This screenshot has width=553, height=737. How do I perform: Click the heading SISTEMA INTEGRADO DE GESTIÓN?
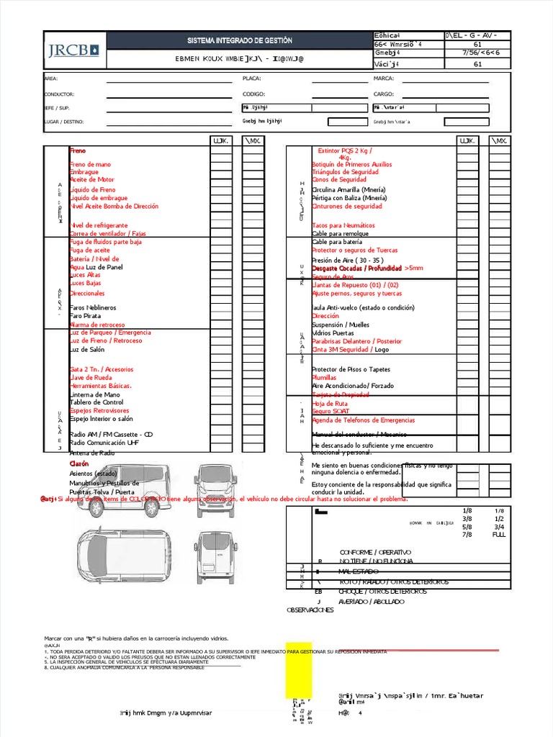click(240, 41)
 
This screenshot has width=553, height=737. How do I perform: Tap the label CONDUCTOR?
click(59, 94)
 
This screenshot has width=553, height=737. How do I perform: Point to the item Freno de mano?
click(90, 165)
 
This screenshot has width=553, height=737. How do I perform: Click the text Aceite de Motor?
click(91, 179)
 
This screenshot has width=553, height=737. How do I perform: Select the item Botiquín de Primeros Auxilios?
click(351, 165)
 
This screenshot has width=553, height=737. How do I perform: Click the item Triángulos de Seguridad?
click(345, 172)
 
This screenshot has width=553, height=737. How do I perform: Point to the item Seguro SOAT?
click(331, 411)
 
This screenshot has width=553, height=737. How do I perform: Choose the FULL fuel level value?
click(498, 535)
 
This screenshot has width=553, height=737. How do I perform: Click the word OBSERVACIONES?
click(310, 610)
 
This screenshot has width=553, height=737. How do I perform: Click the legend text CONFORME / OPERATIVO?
click(374, 551)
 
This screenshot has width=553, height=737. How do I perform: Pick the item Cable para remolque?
click(341, 234)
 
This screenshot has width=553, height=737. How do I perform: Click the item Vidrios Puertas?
click(333, 333)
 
